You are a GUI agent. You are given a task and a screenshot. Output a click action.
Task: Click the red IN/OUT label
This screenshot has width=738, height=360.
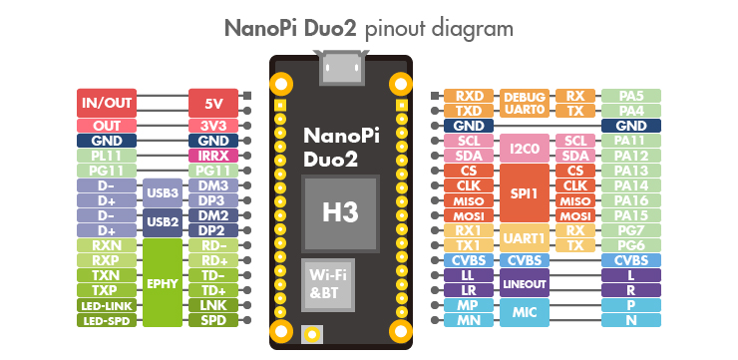coord(107,102)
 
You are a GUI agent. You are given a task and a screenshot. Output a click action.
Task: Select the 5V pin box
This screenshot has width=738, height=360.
coord(213,102)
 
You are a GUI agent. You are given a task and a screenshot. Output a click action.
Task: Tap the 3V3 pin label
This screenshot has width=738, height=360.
coord(213,126)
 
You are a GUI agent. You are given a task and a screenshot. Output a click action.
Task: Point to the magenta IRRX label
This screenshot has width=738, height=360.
coord(213,156)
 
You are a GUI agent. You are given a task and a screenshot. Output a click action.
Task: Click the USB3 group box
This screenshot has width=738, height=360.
coord(162,192)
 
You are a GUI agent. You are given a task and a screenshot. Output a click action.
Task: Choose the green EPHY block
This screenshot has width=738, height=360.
coord(162,282)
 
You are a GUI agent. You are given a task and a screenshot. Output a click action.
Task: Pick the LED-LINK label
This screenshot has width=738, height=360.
coord(107,305)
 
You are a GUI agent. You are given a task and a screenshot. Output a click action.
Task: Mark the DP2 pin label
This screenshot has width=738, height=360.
coord(213,230)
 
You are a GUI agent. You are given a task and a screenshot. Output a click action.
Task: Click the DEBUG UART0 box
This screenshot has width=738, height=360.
coord(525,103)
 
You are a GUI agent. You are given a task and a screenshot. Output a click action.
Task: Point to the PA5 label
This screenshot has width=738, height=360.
coord(631,96)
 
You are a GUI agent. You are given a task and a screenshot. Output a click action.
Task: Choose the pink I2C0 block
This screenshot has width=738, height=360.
coord(525,148)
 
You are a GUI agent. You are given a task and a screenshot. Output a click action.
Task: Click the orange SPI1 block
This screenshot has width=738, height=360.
coord(525,192)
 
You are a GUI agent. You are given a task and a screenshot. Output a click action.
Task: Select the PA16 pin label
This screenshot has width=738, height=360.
coord(631,200)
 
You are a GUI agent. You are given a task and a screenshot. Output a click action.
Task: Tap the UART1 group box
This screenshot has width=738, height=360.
coord(525,237)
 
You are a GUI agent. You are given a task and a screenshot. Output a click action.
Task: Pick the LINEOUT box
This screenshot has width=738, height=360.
coord(525,282)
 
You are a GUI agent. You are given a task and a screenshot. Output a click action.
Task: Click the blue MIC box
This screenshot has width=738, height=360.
coord(525,312)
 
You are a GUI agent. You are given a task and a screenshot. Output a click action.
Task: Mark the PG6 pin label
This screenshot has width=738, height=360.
coord(631,245)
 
